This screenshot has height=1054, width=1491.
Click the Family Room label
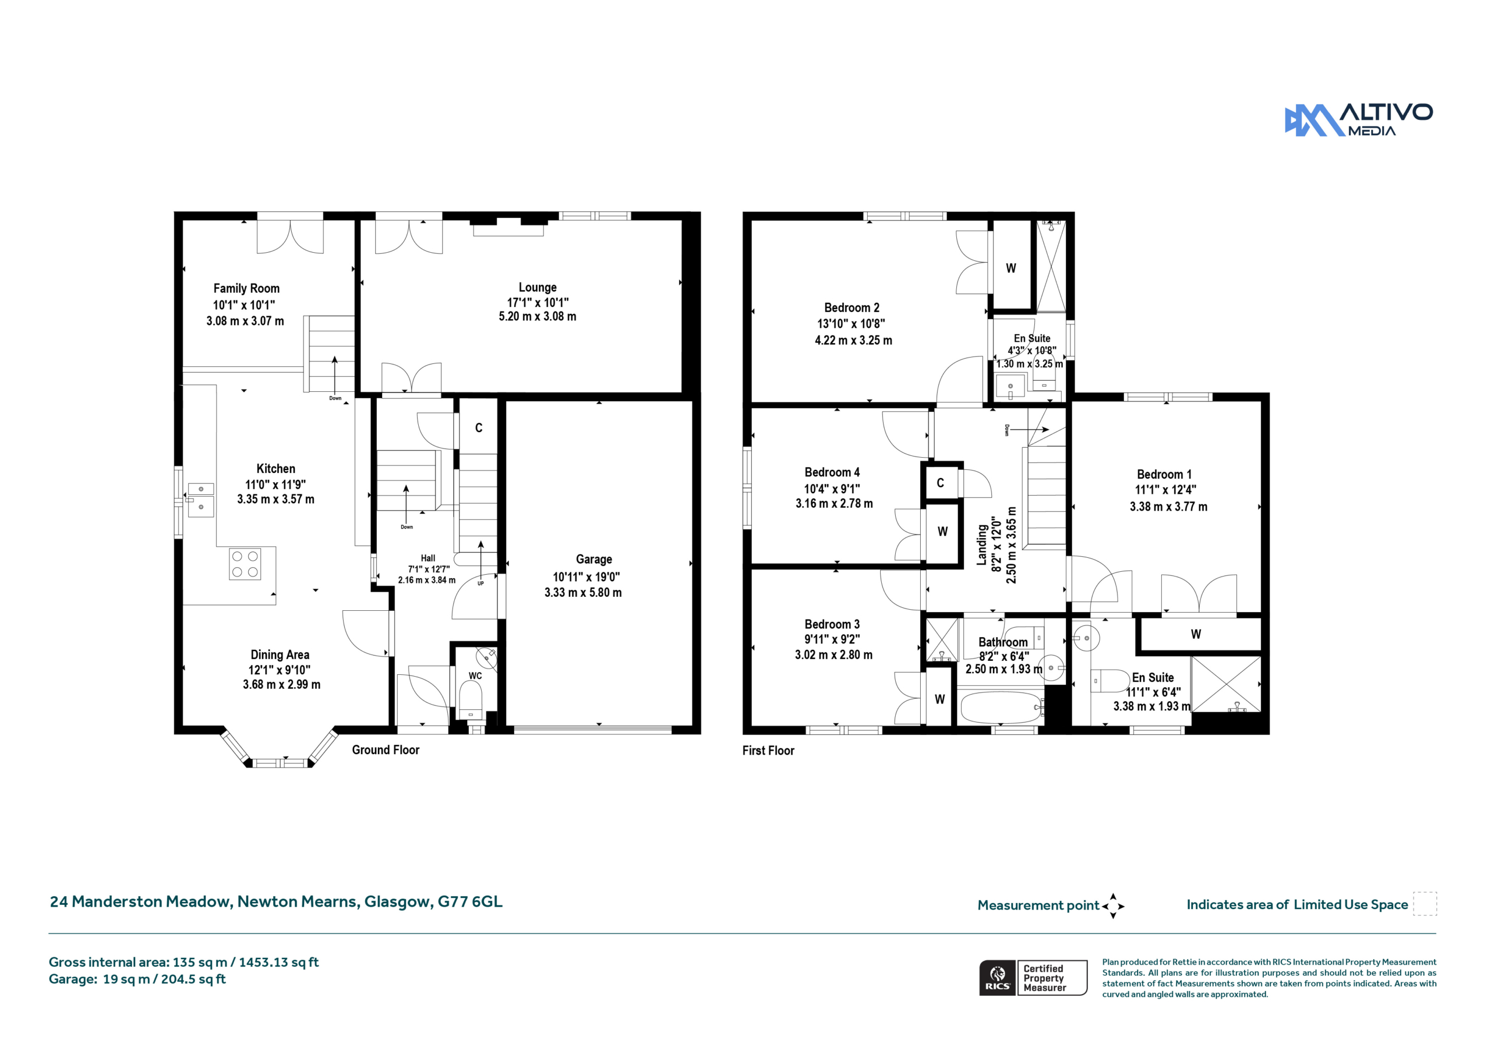tap(246, 288)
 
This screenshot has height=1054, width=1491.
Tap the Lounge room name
tap(537, 287)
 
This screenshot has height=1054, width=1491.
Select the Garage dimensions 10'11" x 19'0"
tap(586, 576)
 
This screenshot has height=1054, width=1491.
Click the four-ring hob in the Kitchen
tap(245, 564)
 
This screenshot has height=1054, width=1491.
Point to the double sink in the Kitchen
tap(201, 500)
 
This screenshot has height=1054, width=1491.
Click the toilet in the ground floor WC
tap(470, 700)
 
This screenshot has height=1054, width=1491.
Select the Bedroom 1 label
tap(1164, 474)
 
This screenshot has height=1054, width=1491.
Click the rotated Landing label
tap(981, 545)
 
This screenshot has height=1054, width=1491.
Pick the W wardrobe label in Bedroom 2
tap(1011, 268)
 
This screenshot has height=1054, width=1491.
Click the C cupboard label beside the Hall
tap(479, 427)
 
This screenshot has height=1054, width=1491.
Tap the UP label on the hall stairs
tap(480, 583)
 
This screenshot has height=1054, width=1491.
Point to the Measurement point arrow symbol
tap(1112, 906)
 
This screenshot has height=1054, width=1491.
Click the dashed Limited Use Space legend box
tap(1425, 904)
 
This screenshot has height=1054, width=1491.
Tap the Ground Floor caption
tap(385, 750)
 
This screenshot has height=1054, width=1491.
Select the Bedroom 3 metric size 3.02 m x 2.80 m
tap(833, 655)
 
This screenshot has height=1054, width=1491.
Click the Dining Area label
tap(280, 655)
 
